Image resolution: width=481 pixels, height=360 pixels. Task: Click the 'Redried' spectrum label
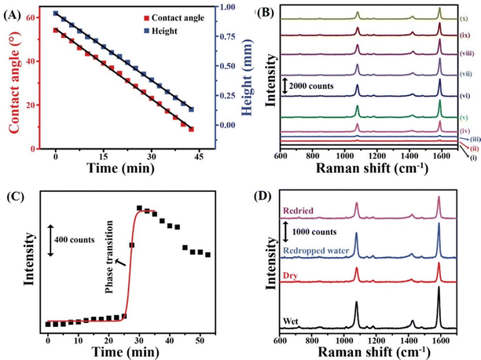pos(299,210)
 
